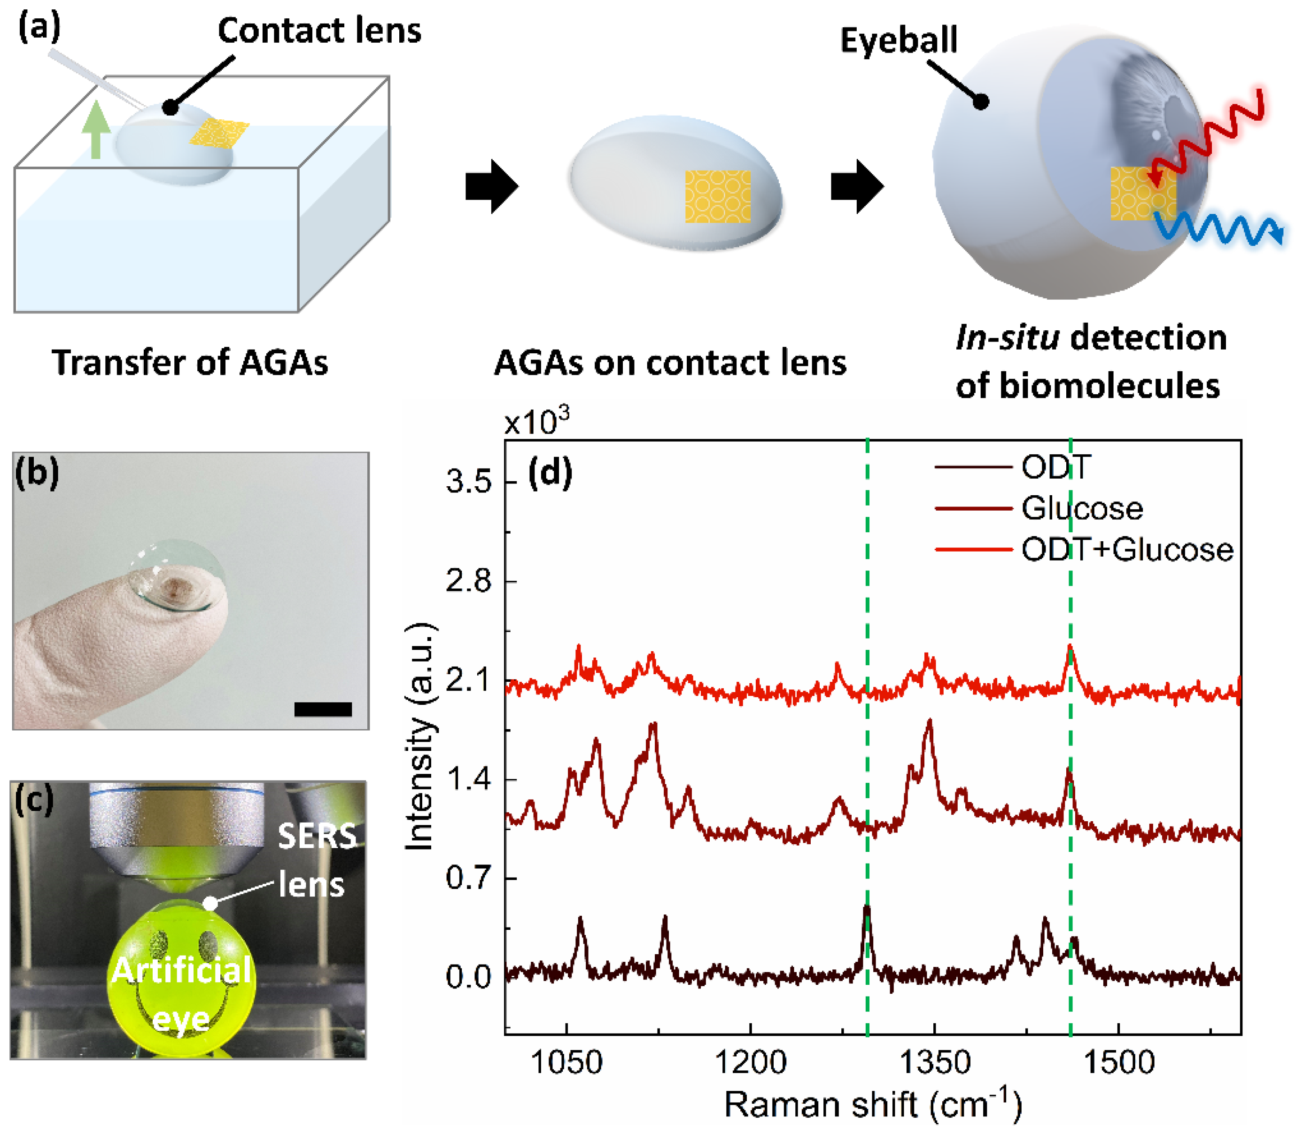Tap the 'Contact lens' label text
[319, 31]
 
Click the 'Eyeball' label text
[898, 40]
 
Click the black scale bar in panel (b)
[322, 709]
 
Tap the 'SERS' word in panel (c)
[317, 836]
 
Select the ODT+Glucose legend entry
[1126, 549]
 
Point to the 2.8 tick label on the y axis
[468, 581]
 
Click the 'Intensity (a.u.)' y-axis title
[419, 736]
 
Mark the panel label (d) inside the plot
[550, 473]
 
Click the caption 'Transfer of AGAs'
[190, 363]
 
